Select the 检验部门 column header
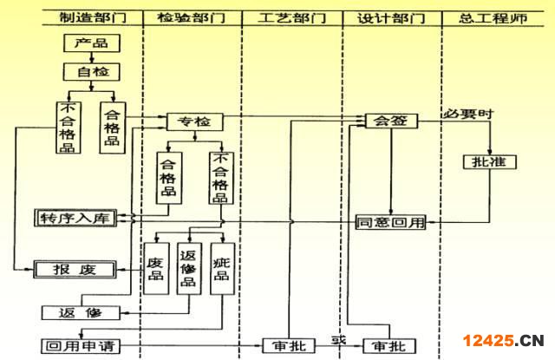[187, 18]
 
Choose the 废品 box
[156, 268]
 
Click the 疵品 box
[222, 268]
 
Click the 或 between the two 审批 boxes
[338, 339]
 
